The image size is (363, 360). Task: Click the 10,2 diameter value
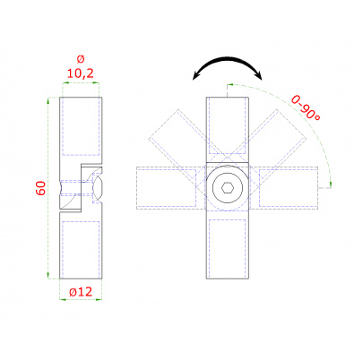click(80, 73)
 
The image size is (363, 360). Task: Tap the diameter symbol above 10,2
click(81, 59)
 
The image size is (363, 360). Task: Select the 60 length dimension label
click(41, 188)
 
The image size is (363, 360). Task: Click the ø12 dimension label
click(81, 292)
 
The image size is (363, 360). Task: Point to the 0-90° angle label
click(306, 107)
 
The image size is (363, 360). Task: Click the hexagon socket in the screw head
click(228, 188)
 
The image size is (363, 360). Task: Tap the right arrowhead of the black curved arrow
click(259, 75)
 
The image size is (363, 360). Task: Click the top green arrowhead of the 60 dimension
click(48, 100)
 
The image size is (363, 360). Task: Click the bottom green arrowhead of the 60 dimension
click(48, 275)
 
